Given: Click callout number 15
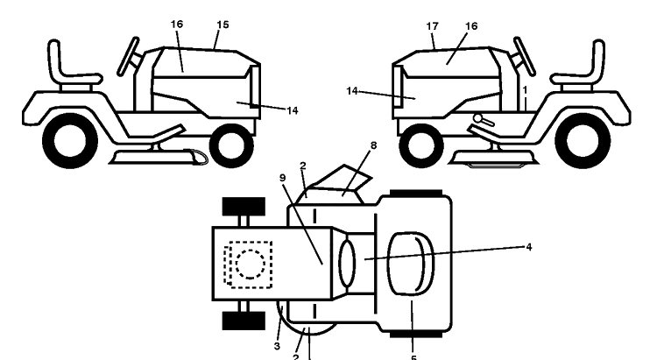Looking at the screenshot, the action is pyautogui.click(x=223, y=25).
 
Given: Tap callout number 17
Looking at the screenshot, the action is pyautogui.click(x=433, y=26).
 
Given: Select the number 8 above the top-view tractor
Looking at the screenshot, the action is pyautogui.click(x=373, y=145).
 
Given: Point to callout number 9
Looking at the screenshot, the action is pyautogui.click(x=282, y=178).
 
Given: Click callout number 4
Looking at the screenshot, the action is pyautogui.click(x=529, y=247).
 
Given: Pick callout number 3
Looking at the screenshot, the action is pyautogui.click(x=277, y=347).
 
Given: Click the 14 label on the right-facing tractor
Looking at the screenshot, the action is pyautogui.click(x=293, y=110).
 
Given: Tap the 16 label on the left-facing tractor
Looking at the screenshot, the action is pyautogui.click(x=471, y=26).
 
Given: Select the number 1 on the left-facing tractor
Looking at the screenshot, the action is pyautogui.click(x=525, y=90).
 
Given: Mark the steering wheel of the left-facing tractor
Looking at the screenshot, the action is pyautogui.click(x=524, y=57).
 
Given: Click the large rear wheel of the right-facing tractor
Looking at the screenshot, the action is pyautogui.click(x=70, y=140).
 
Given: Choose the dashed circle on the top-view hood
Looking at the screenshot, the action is pyautogui.click(x=251, y=264).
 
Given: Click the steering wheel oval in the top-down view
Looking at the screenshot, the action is pyautogui.click(x=347, y=264).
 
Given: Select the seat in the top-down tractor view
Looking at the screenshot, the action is pyautogui.click(x=410, y=264).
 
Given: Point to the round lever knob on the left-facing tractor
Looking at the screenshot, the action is pyautogui.click(x=477, y=118).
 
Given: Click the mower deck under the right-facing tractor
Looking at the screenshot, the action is pyautogui.click(x=159, y=157).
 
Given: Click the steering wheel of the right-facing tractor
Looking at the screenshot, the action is pyautogui.click(x=128, y=57).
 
